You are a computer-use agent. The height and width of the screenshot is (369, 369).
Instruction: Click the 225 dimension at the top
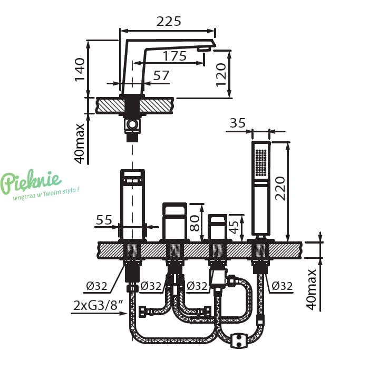pos(169,22)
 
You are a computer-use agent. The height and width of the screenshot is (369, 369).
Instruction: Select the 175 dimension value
pos(174,56)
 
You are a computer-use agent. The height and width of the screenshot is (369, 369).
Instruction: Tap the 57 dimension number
pos(161,75)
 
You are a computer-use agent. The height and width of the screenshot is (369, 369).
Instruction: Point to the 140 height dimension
pos(80,70)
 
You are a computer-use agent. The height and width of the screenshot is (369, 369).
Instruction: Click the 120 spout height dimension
pos(221,75)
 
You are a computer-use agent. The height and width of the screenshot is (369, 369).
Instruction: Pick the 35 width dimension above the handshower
pos(237,123)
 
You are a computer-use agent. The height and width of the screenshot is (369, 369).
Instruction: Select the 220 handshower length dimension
pos(280,188)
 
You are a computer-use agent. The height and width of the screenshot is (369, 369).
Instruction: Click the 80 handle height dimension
pos(195,224)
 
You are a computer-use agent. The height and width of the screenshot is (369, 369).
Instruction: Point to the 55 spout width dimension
pos(104,220)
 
